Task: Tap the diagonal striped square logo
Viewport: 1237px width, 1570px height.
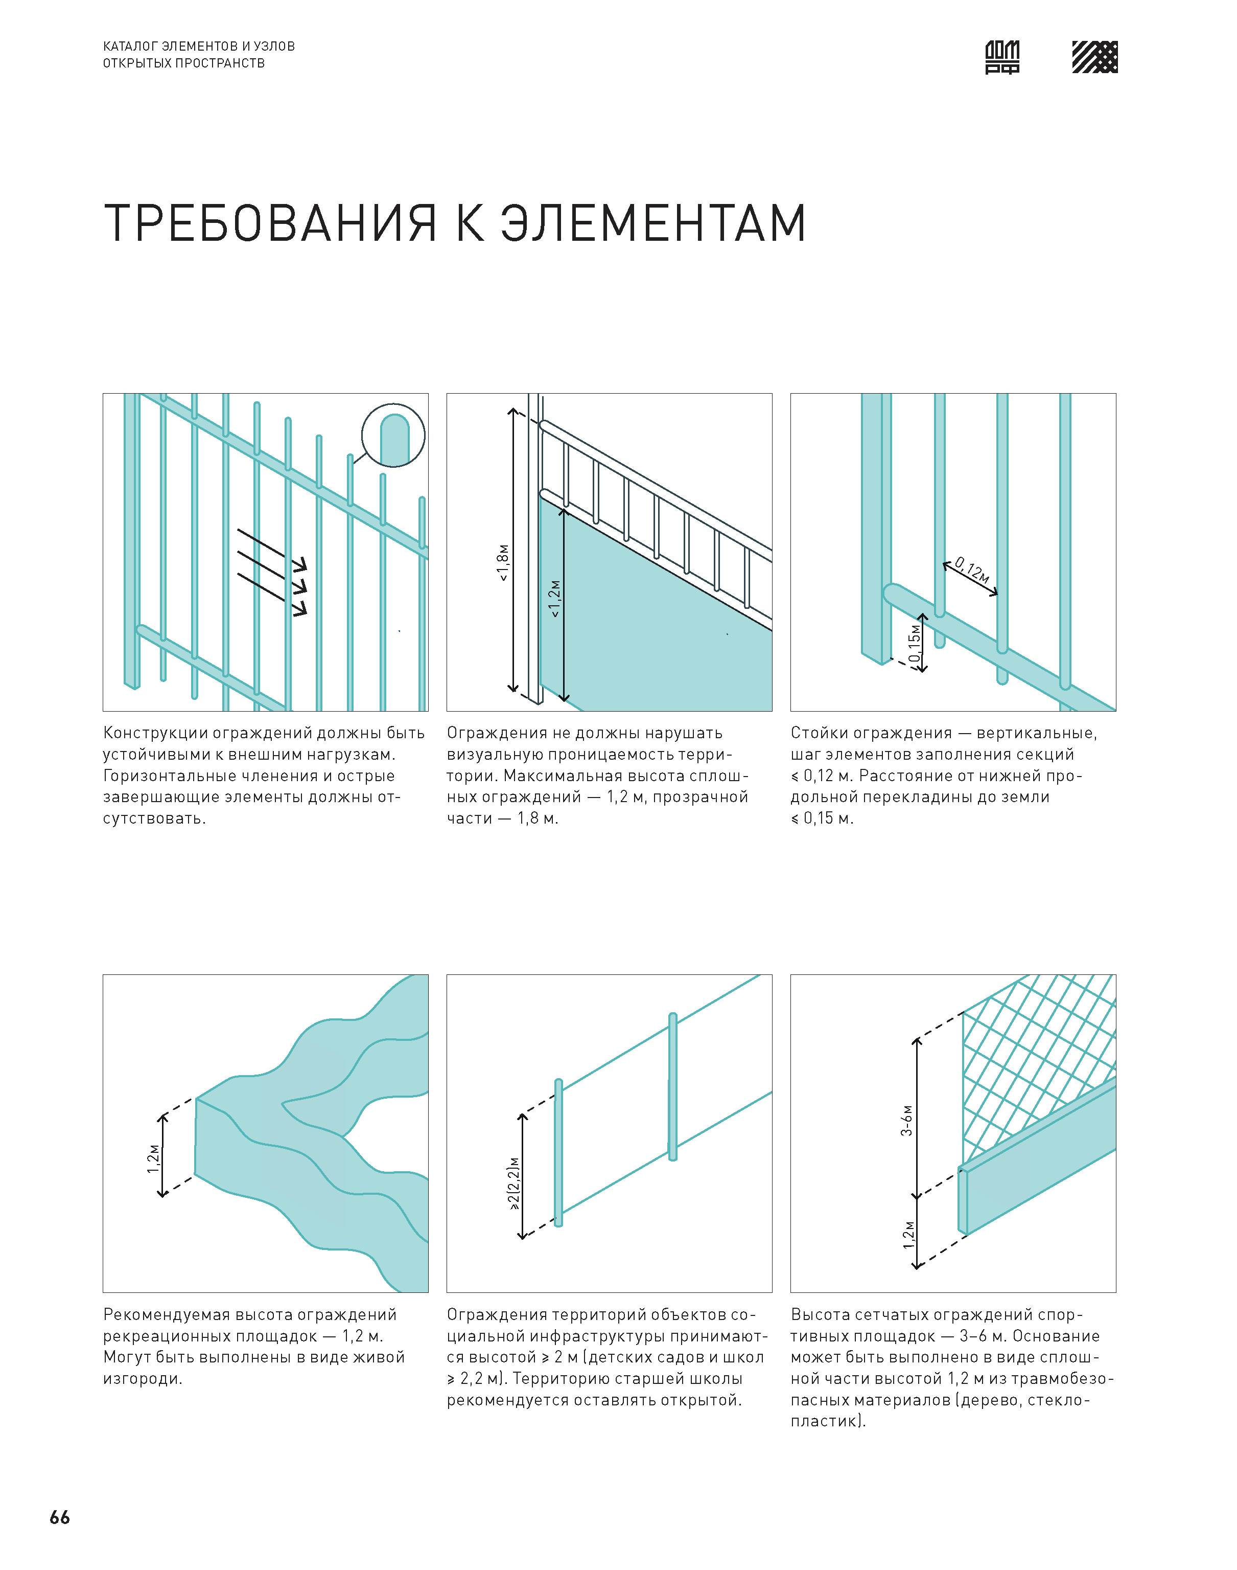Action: tap(1094, 57)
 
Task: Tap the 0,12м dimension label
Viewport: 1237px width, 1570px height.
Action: tap(972, 570)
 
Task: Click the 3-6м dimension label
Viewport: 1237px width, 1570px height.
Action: tap(907, 1120)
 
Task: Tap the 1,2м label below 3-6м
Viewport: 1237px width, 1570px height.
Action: tap(908, 1235)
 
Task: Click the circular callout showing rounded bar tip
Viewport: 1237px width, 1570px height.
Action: tap(393, 435)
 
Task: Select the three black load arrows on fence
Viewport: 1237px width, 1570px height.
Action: tap(272, 573)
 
